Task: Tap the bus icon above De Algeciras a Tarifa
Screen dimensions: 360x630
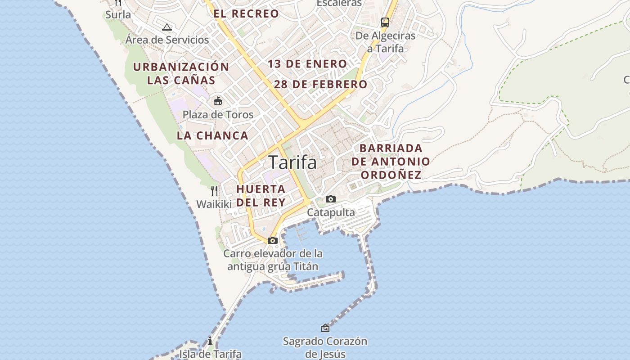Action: coord(385,22)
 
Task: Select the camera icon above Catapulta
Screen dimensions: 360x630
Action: coord(331,199)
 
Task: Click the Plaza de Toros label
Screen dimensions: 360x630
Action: coord(218,115)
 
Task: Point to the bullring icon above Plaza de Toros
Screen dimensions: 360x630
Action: coord(218,101)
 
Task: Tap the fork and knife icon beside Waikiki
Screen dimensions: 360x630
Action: coord(214,191)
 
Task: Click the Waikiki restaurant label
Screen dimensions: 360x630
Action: coord(214,204)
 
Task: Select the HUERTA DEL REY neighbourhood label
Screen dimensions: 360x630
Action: coord(261,196)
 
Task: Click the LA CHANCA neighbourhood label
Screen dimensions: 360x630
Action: coord(212,135)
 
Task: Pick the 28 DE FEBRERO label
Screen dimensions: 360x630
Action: coord(320,84)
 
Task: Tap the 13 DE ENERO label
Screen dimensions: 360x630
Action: coord(307,64)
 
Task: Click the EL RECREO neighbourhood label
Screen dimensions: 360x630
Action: coord(246,14)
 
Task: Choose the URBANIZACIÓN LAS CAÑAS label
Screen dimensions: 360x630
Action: coord(181,74)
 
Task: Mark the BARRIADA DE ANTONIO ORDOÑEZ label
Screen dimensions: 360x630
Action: coord(391,161)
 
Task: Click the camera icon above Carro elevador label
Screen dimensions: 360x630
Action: coord(272,241)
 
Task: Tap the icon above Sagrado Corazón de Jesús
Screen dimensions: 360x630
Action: coord(325,328)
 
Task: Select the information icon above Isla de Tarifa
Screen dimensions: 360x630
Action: coord(210,341)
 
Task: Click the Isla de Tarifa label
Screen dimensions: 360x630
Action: coord(211,354)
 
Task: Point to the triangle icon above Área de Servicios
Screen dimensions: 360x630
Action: coord(167,27)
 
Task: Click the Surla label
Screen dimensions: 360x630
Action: coord(118,15)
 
